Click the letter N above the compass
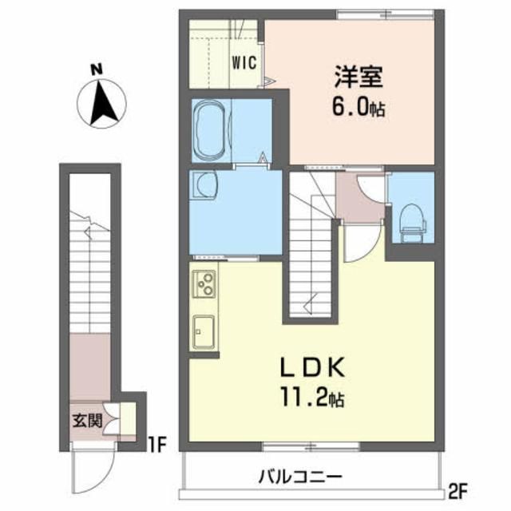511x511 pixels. tap(96, 70)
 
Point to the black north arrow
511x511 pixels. tap(101, 104)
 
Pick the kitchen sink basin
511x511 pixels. tap(203, 331)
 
